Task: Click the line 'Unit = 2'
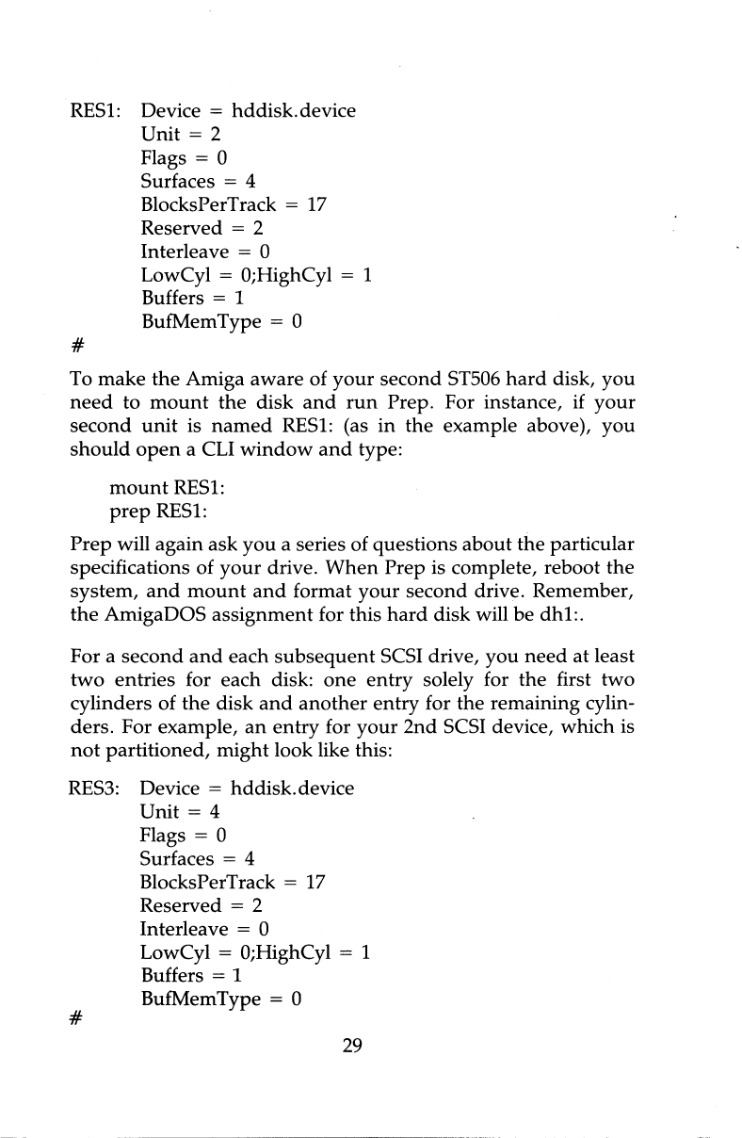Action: click(x=181, y=134)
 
